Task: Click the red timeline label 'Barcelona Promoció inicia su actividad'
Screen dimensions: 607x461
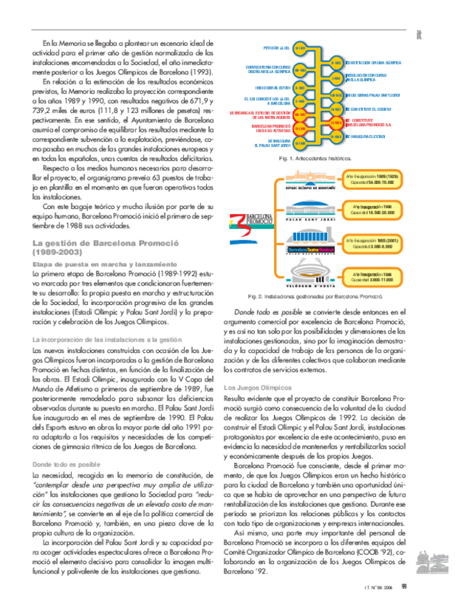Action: coord(270,128)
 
